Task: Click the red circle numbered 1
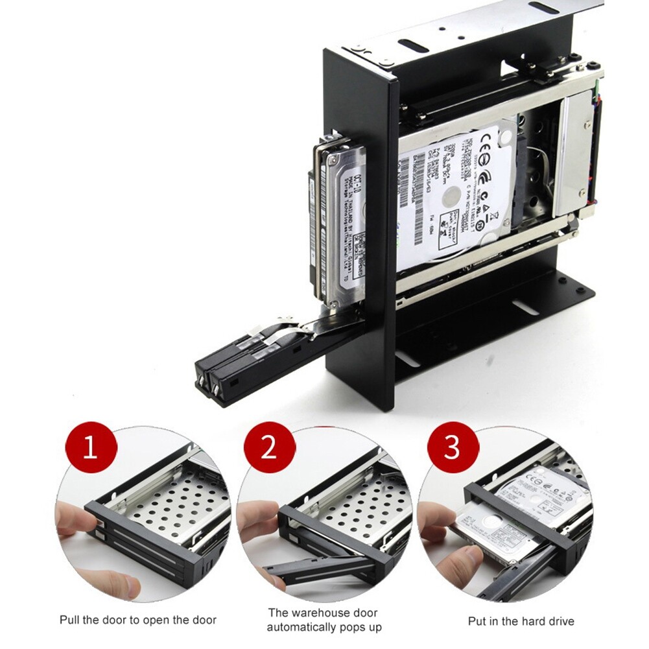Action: pos(91,447)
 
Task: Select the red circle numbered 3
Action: pos(453,447)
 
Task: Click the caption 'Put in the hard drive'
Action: pos(521,621)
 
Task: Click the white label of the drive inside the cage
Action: pos(454,188)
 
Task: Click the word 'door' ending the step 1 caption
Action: pos(203,620)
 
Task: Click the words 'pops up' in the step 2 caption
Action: pos(360,628)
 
